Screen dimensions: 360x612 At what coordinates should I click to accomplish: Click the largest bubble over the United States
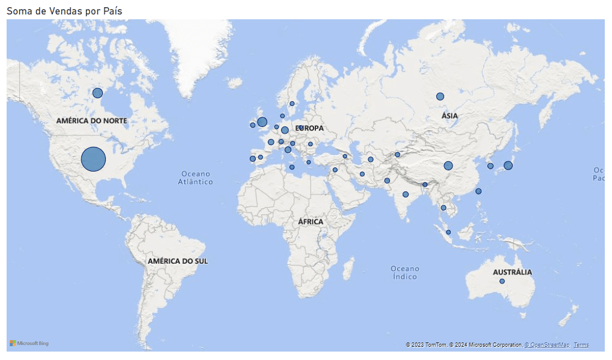(x=93, y=159)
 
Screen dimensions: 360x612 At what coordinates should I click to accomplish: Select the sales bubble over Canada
(x=97, y=93)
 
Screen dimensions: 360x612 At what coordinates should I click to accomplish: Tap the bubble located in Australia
(x=502, y=281)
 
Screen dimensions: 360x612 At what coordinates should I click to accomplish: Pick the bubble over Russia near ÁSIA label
(x=440, y=96)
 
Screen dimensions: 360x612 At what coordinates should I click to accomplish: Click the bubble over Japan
(x=508, y=165)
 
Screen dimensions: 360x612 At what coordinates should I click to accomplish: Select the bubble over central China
(x=448, y=166)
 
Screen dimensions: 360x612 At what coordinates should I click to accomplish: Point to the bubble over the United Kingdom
(x=262, y=122)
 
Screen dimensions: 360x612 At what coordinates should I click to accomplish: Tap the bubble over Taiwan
(x=478, y=191)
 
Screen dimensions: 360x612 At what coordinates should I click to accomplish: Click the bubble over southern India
(x=406, y=194)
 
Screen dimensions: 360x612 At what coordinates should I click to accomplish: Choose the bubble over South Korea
(x=490, y=166)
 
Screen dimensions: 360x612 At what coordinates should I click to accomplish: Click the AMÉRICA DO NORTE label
(x=91, y=121)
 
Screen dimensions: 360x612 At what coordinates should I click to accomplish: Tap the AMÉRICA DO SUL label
(x=178, y=261)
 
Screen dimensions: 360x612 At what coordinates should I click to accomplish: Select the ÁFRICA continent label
(x=311, y=222)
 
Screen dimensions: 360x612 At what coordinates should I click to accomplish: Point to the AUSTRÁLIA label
(x=512, y=272)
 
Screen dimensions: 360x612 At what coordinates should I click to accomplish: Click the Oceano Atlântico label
(x=196, y=178)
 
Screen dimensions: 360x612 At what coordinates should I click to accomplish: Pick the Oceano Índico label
(x=404, y=272)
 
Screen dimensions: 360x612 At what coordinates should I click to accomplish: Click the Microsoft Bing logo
(x=29, y=344)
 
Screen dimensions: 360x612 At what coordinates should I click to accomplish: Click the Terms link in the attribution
(x=581, y=345)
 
